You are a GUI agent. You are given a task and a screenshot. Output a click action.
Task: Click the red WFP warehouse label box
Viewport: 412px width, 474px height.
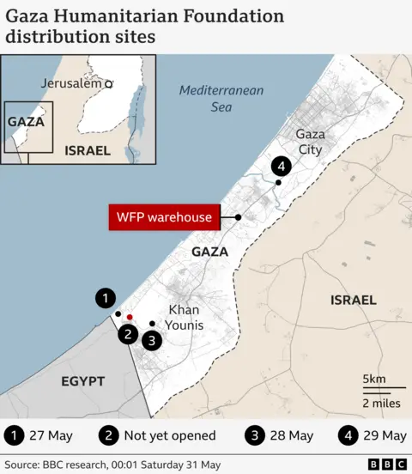tap(164, 217)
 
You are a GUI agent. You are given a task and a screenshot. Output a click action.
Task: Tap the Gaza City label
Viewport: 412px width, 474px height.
tap(310, 142)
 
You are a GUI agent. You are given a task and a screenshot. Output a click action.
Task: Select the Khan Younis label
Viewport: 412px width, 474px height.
tap(186, 317)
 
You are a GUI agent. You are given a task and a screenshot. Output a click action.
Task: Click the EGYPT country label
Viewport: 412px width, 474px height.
tap(82, 380)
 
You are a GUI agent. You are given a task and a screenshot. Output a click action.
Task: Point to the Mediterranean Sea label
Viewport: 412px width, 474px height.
tap(221, 99)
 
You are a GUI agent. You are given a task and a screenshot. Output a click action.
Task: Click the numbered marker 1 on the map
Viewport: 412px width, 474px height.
tap(105, 299)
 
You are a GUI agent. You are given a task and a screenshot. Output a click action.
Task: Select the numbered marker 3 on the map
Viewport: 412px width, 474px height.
tap(152, 341)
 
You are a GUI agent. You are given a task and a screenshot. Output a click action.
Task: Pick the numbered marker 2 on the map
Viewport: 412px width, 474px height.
tap(128, 335)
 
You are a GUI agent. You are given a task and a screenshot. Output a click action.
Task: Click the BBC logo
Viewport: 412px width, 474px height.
tap(387, 465)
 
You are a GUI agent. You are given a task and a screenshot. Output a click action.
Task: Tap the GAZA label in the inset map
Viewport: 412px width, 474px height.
tap(26, 121)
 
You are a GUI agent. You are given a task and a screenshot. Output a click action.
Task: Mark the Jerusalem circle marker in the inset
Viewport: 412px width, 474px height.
tap(109, 84)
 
